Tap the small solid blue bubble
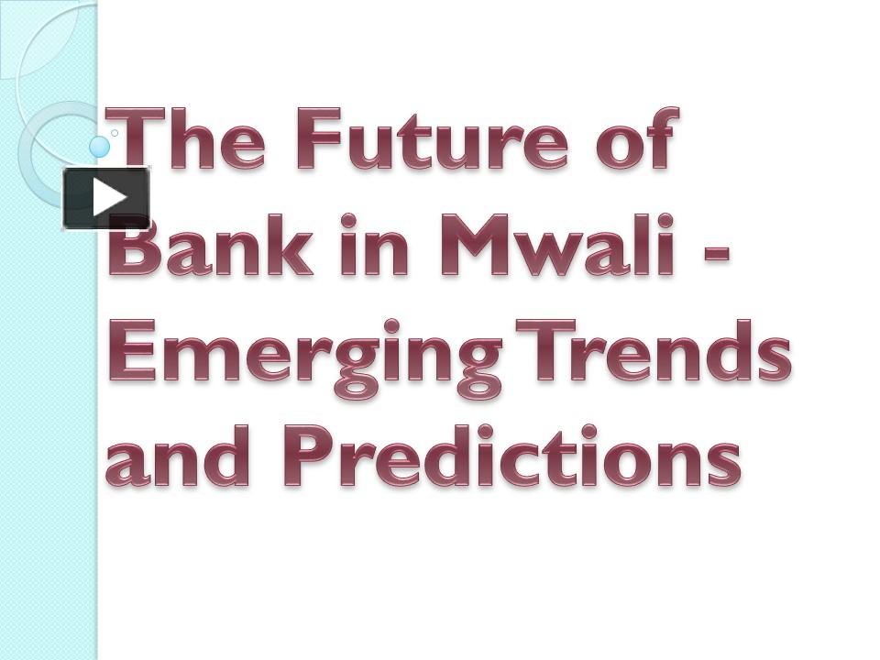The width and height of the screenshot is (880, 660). point(100,146)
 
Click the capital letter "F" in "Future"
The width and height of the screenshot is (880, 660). point(318,139)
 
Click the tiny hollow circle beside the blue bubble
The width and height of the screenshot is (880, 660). point(115,133)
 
